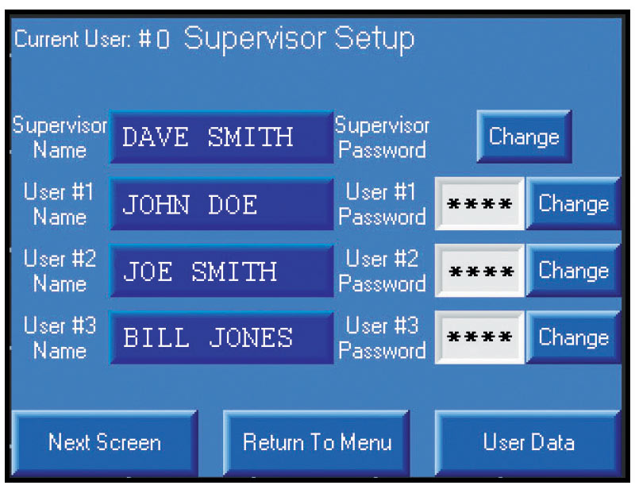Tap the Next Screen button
pyautogui.click(x=105, y=442)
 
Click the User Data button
pyautogui.click(x=528, y=442)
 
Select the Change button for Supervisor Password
pyautogui.click(x=524, y=137)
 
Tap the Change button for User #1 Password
pyautogui.click(x=573, y=203)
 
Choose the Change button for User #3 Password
pyautogui.click(x=573, y=337)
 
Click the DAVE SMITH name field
pyautogui.click(x=221, y=137)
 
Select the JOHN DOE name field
pyautogui.click(x=221, y=204)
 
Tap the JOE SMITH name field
pyautogui.click(x=221, y=271)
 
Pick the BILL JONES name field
pyautogui.click(x=221, y=337)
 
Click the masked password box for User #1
pyautogui.click(x=479, y=203)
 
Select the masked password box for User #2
pyautogui.click(x=479, y=271)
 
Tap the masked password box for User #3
pyautogui.click(x=479, y=337)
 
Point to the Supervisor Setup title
pyautogui.click(x=299, y=40)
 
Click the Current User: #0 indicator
pyautogui.click(x=92, y=39)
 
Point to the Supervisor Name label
pyautogui.click(x=60, y=137)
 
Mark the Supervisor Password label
pyautogui.click(x=382, y=137)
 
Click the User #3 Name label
pyautogui.click(x=60, y=338)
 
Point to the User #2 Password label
pyautogui.click(x=382, y=271)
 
